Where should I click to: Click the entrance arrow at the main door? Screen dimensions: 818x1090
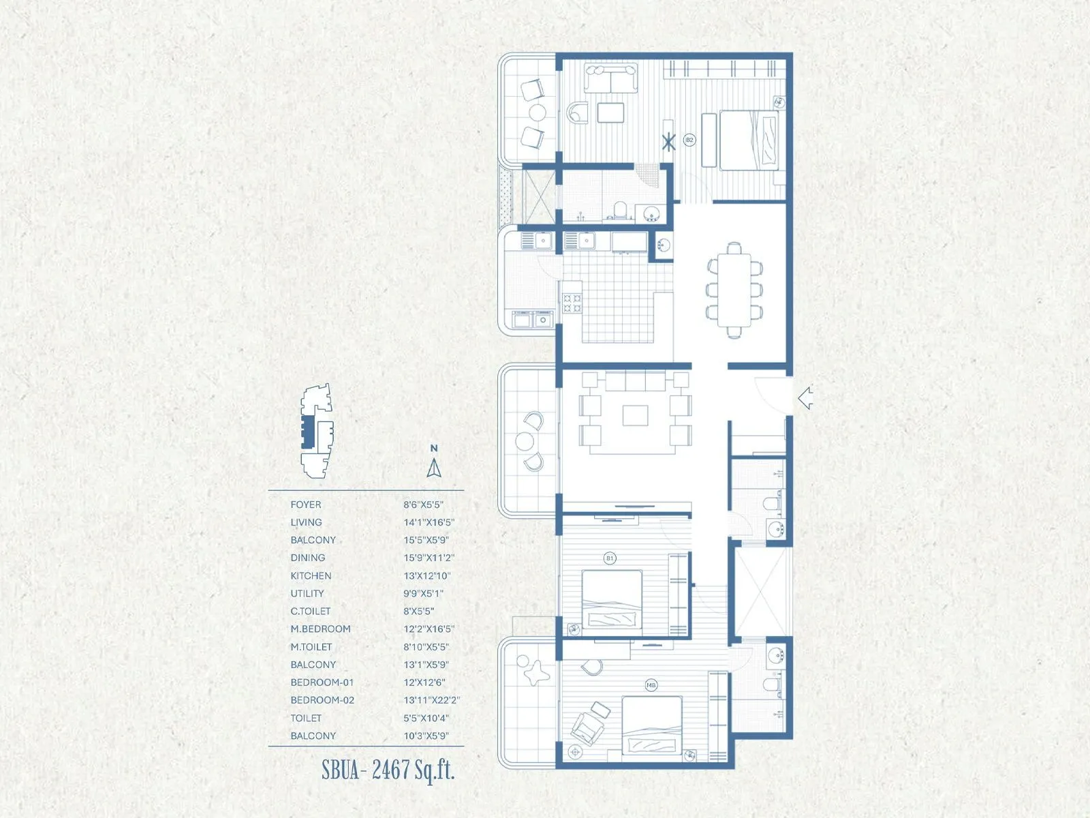pos(806,398)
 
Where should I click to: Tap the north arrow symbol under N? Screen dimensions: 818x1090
pos(434,468)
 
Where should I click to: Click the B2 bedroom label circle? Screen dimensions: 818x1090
pos(689,140)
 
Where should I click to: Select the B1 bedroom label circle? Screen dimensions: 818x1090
pos(610,558)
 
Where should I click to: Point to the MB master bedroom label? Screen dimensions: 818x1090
pos(651,685)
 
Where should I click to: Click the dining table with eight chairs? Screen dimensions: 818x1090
pos(734,290)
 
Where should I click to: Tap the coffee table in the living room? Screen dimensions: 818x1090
pos(636,415)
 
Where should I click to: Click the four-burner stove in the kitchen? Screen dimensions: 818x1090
pos(572,303)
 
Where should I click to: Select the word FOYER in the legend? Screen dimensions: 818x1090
pos(306,504)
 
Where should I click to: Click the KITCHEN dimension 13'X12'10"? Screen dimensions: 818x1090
pos(427,576)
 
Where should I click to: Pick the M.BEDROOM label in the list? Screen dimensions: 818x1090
pos(320,629)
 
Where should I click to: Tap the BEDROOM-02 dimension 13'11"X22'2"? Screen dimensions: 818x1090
pos(432,700)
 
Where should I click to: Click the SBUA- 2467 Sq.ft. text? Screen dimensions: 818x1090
pos(388,770)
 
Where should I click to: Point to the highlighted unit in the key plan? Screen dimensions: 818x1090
pos(309,431)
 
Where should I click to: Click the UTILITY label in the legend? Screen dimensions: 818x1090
pos(307,594)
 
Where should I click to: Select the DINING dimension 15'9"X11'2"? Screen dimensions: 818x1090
pos(429,558)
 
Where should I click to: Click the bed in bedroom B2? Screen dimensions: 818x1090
pos(749,140)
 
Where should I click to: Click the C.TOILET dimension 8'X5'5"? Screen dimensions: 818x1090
pos(418,611)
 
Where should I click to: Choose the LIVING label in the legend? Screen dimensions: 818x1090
pos(306,522)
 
